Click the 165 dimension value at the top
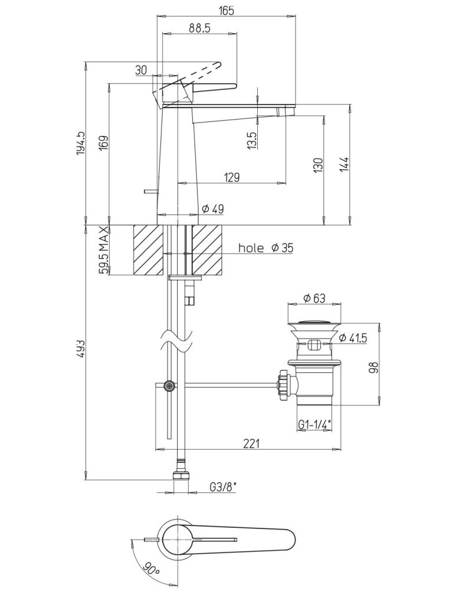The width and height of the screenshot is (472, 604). coord(226,10)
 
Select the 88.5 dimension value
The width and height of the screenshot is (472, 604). coord(200,29)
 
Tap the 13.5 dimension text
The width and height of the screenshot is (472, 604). coord(252,140)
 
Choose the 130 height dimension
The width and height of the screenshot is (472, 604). coord(318,164)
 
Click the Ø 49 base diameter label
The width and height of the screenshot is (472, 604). coord(212,209)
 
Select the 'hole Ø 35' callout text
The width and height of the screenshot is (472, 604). coord(265,248)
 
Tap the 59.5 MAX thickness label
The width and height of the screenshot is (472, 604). coord(104,250)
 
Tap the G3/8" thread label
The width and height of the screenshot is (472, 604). coord(223,488)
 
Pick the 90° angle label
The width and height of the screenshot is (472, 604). coord(150,570)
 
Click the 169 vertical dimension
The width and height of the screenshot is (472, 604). coord(104,144)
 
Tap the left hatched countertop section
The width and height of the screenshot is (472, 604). coord(147,250)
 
